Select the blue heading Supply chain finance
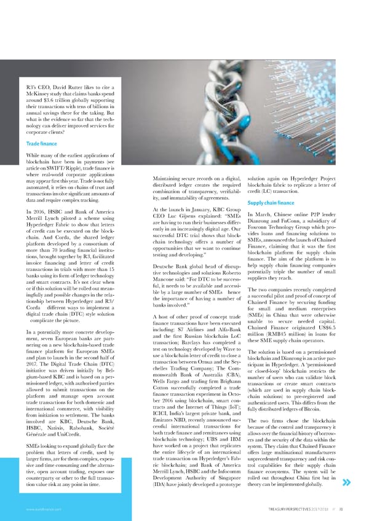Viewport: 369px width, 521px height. click(x=272, y=203)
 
